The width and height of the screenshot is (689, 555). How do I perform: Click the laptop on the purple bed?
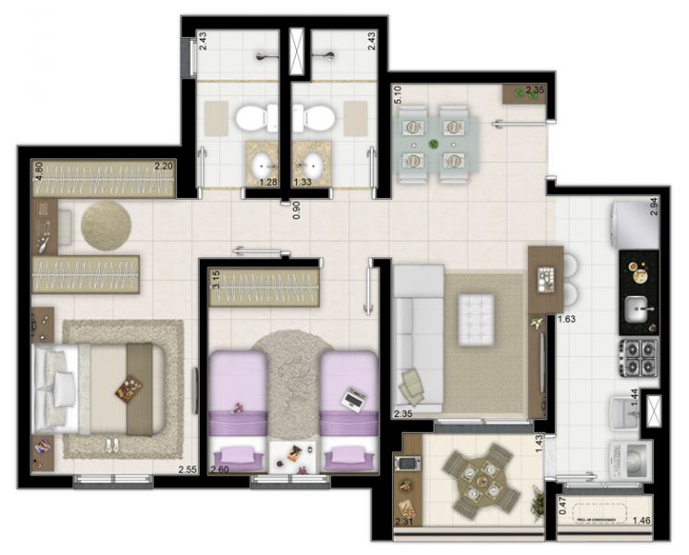(352, 400)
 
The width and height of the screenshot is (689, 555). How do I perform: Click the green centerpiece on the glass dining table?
(434, 143)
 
